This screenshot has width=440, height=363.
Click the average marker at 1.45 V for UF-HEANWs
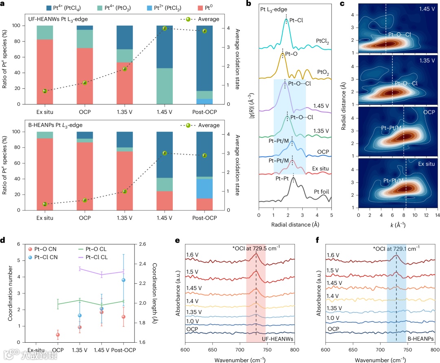[x=165, y=28]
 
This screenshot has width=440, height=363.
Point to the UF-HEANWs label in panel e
[x=278, y=339]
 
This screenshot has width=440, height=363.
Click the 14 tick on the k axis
[x=437, y=214]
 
